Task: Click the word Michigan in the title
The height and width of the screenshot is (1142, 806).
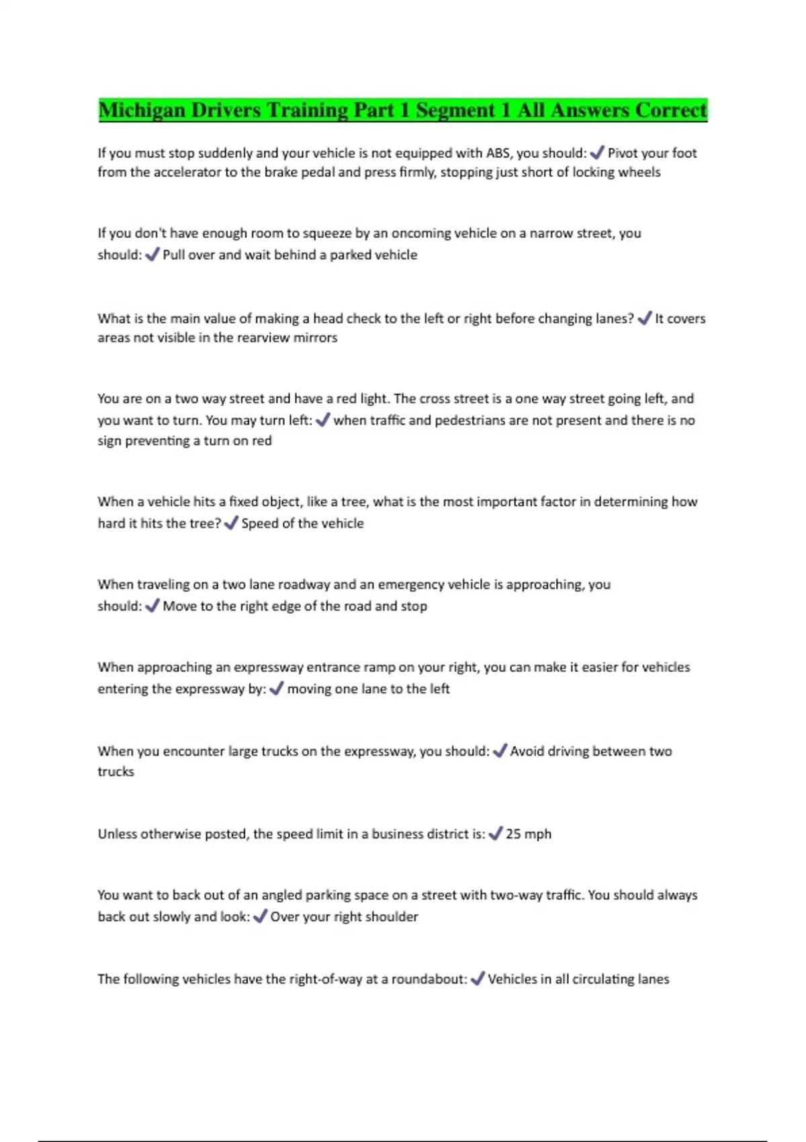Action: pyautogui.click(x=142, y=110)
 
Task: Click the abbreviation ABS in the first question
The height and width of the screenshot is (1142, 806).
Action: pyautogui.click(x=498, y=153)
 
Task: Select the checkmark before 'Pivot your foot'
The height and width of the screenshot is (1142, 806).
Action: pyautogui.click(x=596, y=153)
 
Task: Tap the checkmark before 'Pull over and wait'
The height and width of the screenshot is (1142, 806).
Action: pyautogui.click(x=152, y=255)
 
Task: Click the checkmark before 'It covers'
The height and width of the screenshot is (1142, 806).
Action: pyautogui.click(x=644, y=318)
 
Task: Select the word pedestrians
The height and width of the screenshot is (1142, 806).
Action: pyautogui.click(x=475, y=421)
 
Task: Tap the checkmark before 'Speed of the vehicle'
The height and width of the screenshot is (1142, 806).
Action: pyautogui.click(x=231, y=523)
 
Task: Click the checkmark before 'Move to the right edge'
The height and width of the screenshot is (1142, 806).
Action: pyautogui.click(x=152, y=606)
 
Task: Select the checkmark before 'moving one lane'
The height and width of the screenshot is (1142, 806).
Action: pyautogui.click(x=276, y=689)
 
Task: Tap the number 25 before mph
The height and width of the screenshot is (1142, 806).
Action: pyautogui.click(x=513, y=834)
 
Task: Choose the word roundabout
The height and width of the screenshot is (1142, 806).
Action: pyautogui.click(x=427, y=979)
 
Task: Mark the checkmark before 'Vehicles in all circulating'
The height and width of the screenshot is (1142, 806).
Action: pyautogui.click(x=478, y=979)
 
